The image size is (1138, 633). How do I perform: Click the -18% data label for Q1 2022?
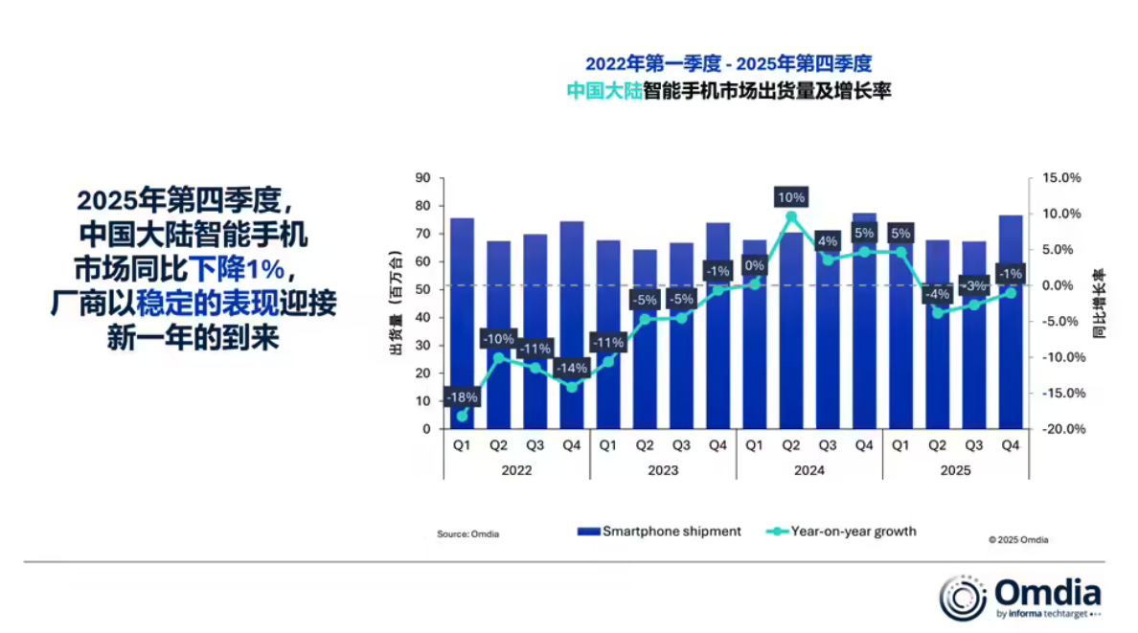tap(462, 397)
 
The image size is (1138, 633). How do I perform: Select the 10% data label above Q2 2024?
tap(791, 197)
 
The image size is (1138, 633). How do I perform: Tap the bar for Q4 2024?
tap(864, 326)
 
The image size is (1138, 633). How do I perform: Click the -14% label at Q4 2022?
tap(572, 368)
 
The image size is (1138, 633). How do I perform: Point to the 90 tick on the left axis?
tap(423, 178)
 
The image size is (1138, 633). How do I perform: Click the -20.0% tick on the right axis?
tap(1063, 429)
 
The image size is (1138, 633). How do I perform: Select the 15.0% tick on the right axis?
tap(1063, 178)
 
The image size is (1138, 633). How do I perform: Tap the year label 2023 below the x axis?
tap(663, 470)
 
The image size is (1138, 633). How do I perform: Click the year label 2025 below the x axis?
tap(956, 470)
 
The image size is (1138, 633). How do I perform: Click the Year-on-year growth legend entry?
tap(842, 531)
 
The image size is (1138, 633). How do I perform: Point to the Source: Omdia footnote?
tap(468, 533)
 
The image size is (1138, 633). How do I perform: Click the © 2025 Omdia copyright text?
tap(1018, 540)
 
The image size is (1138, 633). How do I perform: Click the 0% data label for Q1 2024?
tap(755, 266)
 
